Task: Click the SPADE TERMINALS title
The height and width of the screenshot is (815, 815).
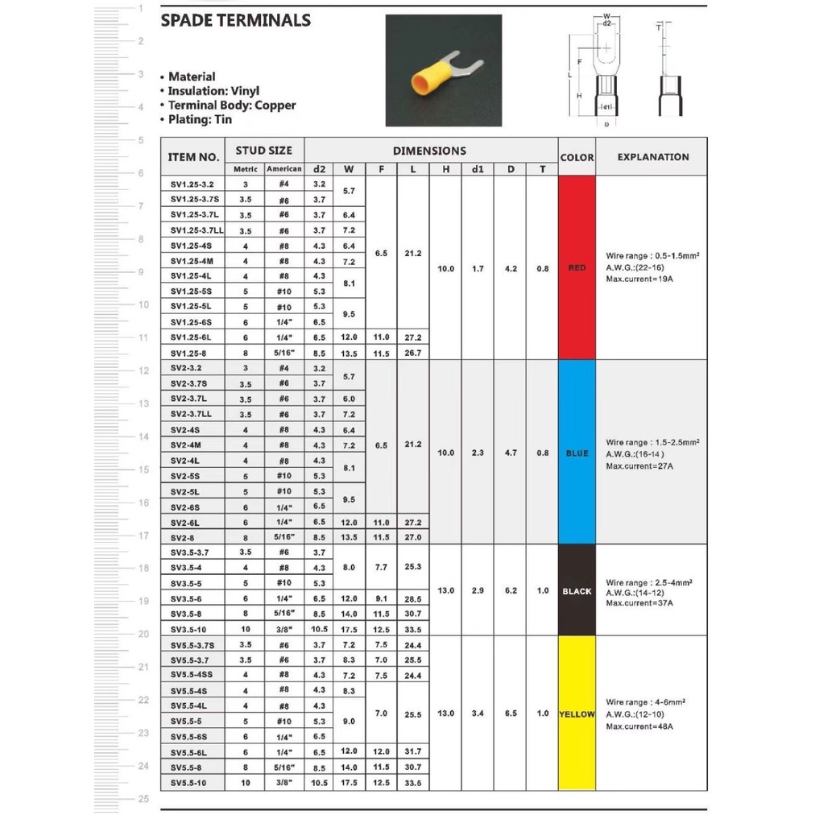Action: [x=235, y=21]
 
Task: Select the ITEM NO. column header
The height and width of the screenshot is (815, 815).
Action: [x=193, y=157]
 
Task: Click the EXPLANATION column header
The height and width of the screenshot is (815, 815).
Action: [x=653, y=157]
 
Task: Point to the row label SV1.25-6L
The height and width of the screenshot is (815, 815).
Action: [x=190, y=337]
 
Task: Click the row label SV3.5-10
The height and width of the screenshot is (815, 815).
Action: [x=190, y=630]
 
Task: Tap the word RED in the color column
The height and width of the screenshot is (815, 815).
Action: [x=577, y=268]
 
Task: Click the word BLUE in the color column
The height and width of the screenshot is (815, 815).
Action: [x=577, y=453]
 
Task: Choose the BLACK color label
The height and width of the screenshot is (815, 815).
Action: [x=577, y=591]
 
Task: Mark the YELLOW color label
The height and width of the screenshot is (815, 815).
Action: [x=577, y=714]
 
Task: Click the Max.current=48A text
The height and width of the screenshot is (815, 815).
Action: [x=639, y=726]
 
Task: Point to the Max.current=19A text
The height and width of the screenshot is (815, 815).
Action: [x=639, y=279]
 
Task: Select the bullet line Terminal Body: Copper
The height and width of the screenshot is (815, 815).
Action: [x=231, y=105]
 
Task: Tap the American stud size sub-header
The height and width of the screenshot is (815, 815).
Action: [x=284, y=169]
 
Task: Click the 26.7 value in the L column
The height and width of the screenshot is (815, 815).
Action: [x=412, y=353]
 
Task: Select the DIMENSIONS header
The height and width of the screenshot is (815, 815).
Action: [x=429, y=151]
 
